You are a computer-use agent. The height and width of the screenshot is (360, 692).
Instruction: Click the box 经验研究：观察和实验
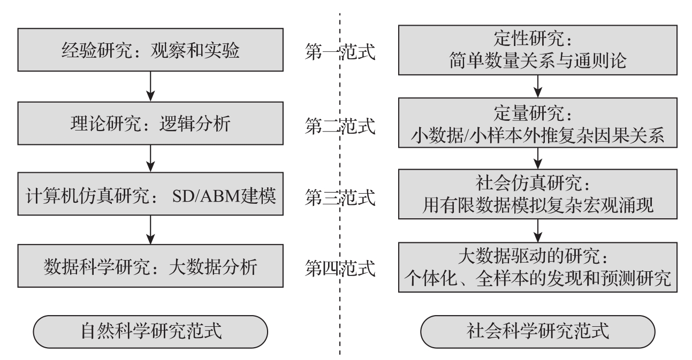coord(151,52)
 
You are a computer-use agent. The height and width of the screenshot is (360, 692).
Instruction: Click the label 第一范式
coord(339,53)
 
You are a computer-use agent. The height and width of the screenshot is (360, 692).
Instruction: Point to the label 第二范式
coord(339,126)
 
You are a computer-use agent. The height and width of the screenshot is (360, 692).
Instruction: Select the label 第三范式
coord(339,198)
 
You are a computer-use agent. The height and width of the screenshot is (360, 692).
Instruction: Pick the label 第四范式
coord(339,267)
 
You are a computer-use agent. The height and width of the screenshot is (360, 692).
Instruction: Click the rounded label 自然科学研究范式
coord(151,331)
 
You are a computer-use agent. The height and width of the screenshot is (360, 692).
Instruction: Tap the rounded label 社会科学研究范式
coord(537,331)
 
